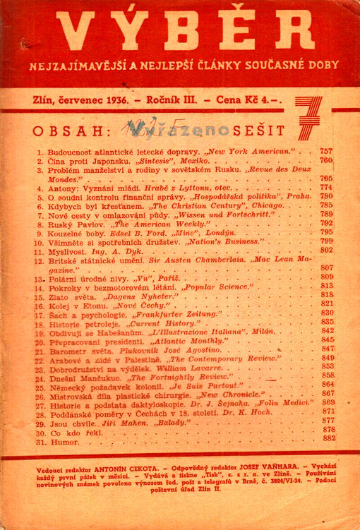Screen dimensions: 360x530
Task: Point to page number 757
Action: [x=325, y=152]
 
